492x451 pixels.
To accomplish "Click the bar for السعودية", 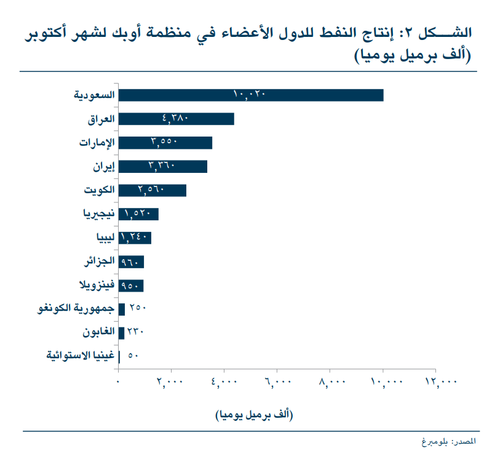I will pyautogui.click(x=250, y=95).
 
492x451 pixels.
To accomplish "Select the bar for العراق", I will pyautogui.click(x=176, y=119).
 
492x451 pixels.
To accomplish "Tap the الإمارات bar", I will pyautogui.click(x=165, y=143).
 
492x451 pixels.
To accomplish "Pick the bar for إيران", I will pyautogui.click(x=162, y=167).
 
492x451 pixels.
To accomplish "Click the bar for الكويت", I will pyautogui.click(x=152, y=191).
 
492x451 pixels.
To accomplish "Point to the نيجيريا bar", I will pyautogui.click(x=138, y=214).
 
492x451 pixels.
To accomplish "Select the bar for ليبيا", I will pyautogui.click(x=135, y=238).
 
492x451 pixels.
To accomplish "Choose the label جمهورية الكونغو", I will pyautogui.click(x=77, y=309).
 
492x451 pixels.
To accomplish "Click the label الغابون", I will pyautogui.click(x=99, y=333).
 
